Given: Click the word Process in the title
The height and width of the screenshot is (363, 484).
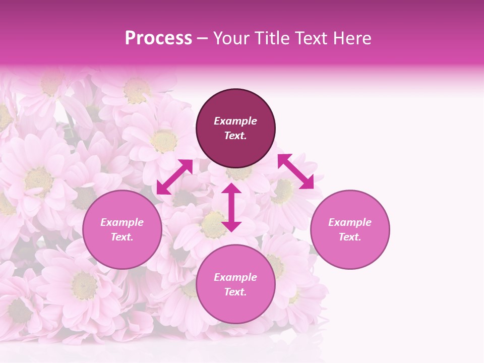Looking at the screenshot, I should [x=158, y=38].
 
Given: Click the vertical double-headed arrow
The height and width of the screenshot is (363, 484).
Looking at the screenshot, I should [x=231, y=207].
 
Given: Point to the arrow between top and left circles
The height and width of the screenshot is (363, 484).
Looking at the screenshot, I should [x=174, y=176].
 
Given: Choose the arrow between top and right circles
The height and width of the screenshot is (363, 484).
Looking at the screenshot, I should [x=295, y=171].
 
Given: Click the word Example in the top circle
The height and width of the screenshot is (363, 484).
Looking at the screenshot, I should [x=235, y=121].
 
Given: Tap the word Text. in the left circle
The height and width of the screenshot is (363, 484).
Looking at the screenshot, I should [x=122, y=237].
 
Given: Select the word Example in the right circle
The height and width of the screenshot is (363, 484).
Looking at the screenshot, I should [x=350, y=222].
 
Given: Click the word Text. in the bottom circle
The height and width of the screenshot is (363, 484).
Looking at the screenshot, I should [x=235, y=292].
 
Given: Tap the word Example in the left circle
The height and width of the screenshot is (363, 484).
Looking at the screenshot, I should [x=122, y=222].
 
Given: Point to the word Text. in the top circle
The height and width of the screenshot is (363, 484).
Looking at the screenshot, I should [x=235, y=136].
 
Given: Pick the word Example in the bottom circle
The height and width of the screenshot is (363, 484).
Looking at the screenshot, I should [x=235, y=277].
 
